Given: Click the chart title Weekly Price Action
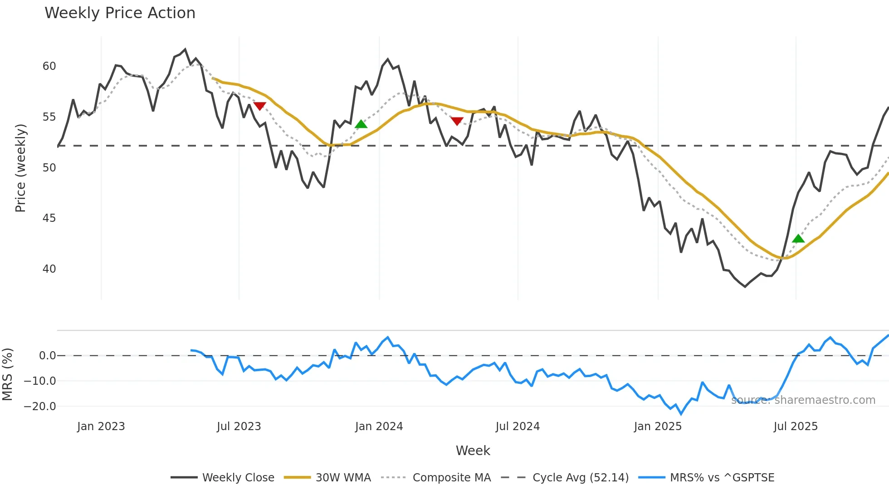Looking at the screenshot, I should [120, 13].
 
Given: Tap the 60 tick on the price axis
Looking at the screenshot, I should [49, 66].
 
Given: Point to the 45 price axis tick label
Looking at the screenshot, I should [49, 218].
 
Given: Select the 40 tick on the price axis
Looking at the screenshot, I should [49, 269].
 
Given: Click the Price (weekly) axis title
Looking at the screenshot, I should [20, 168].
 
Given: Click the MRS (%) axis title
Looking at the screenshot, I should [7, 374].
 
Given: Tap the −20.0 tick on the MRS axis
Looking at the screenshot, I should [40, 407].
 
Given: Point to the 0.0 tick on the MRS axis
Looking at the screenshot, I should [47, 356].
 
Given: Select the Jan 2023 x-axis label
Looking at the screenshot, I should [101, 426].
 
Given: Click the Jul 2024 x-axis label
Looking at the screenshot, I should [518, 426].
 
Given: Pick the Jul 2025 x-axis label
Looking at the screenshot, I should [796, 426].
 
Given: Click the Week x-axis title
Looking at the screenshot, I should [473, 451].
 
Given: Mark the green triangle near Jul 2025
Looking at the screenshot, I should [798, 239].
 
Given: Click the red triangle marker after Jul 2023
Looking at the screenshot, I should [259, 106].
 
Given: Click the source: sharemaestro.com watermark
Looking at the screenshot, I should [803, 400].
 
